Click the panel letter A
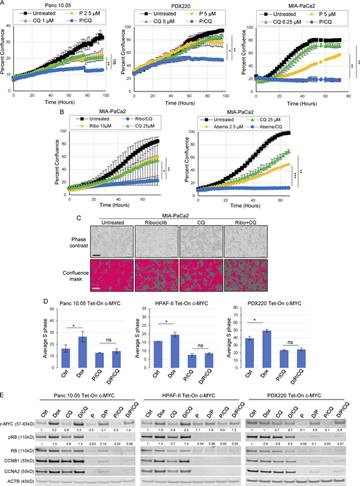[x=3, y=3]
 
